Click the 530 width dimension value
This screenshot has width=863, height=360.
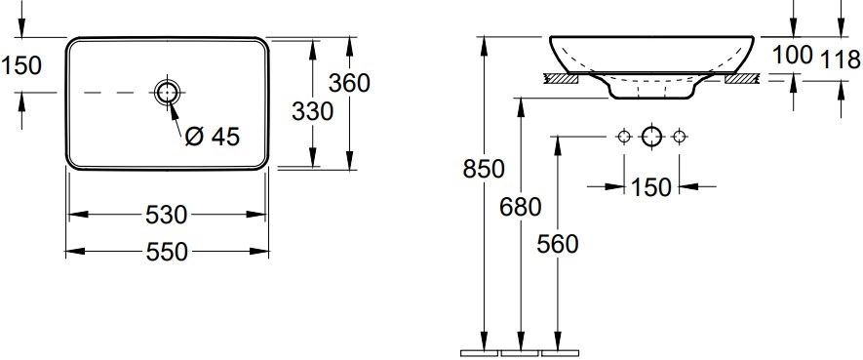coord(166,216)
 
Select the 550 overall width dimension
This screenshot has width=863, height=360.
coord(167,252)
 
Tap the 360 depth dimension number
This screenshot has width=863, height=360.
coord(349,83)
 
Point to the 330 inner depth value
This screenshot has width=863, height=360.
coord(312,112)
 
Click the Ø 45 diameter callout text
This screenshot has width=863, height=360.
coord(213,136)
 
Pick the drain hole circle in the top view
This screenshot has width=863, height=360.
coord(166,93)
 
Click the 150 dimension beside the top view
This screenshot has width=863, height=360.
coord(20,65)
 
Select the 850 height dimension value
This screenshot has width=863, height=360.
coord(484,169)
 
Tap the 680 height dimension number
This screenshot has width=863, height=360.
coord(521,207)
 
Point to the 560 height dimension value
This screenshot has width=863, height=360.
coord(558,245)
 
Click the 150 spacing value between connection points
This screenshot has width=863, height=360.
coord(651,187)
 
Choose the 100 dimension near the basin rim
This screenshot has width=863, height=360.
coord(793,55)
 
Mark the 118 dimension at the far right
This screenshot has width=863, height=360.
coord(841,60)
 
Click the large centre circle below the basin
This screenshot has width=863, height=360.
coord(651,136)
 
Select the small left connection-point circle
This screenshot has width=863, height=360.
coord(623,136)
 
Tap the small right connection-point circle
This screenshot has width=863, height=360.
coord(679,136)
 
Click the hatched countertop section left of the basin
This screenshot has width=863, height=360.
coord(561,79)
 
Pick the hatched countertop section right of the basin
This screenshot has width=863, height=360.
coord(742,79)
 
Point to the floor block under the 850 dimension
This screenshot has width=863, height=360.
coord(479,352)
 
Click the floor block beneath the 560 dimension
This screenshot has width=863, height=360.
coord(560,352)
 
